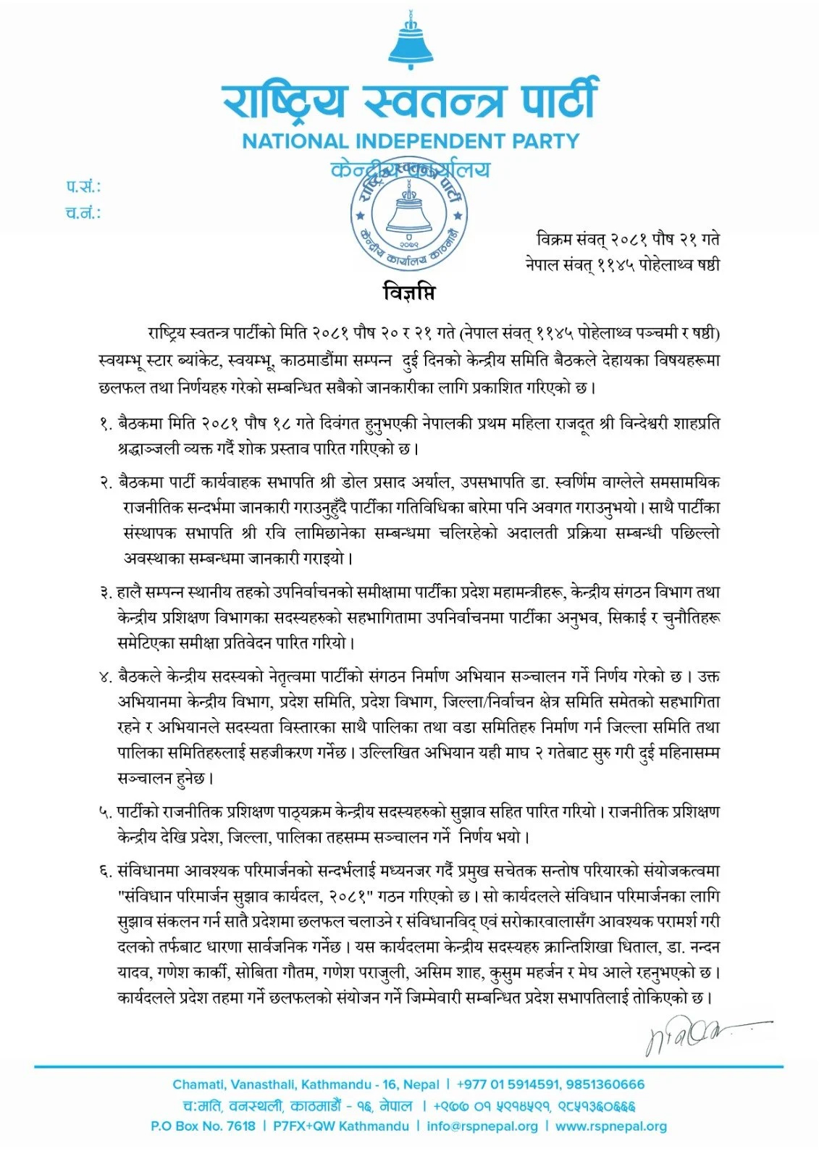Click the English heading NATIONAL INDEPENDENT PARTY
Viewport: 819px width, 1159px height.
point(411,141)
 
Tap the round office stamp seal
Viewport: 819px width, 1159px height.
point(410,218)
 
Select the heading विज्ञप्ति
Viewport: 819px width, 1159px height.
point(409,293)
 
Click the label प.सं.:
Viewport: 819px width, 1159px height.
point(83,187)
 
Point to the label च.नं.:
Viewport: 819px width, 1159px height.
point(83,213)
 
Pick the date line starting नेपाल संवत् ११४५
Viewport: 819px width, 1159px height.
point(623,264)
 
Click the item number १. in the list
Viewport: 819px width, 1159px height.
point(106,423)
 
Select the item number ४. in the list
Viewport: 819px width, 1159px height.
point(106,677)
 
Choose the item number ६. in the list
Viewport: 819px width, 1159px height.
point(106,871)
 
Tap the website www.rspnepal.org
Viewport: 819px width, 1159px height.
point(611,1126)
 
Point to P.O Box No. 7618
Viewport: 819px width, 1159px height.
point(203,1126)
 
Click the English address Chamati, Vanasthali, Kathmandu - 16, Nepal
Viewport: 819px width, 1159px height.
point(306,1084)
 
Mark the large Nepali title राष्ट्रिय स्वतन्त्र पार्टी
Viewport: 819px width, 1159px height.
point(411,101)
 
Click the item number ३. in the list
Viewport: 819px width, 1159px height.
point(106,593)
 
